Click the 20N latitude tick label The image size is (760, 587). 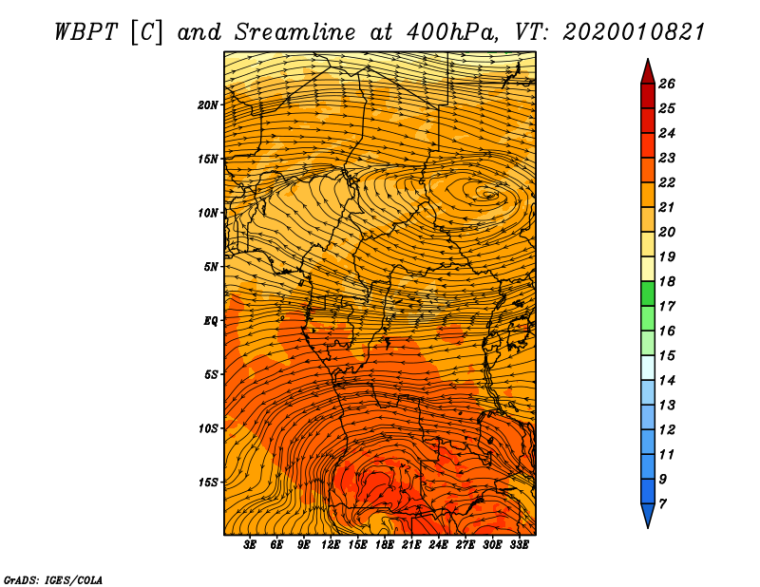point(208,104)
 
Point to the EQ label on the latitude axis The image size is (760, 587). point(211,321)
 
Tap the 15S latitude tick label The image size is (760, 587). point(208,483)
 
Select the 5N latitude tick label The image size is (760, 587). point(211,267)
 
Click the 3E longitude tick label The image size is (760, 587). point(251,545)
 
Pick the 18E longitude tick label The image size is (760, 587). point(385,545)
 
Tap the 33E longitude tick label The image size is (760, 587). point(520,545)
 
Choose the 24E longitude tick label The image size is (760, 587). point(439,545)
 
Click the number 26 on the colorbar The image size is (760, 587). point(667,84)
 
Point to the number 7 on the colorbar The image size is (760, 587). point(663,502)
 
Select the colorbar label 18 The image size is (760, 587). point(667,281)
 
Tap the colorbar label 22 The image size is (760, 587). point(667,182)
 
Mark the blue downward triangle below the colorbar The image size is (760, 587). point(647,516)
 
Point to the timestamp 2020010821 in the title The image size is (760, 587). point(634,31)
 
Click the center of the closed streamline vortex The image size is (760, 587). point(489,194)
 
